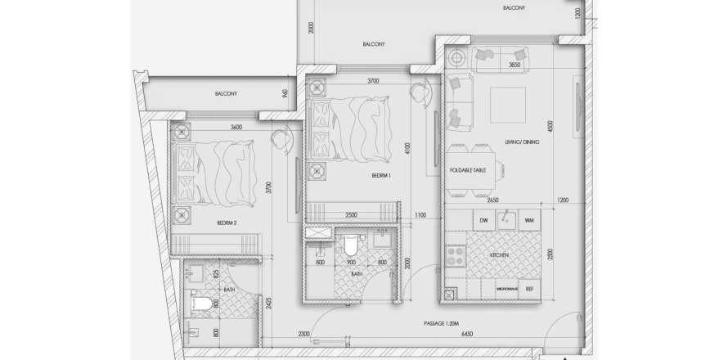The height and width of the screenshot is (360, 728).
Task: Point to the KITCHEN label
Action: (x=501, y=255)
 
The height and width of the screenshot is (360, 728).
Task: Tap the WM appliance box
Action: (x=529, y=219)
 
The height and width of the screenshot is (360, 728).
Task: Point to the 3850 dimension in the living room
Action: (x=515, y=65)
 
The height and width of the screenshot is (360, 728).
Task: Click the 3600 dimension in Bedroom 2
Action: (x=236, y=127)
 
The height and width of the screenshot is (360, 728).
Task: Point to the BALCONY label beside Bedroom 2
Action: (x=227, y=94)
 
